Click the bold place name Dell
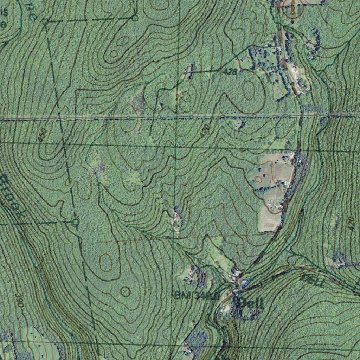coord(250,303)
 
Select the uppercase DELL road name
coord(313,280)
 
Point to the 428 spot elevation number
coord(231,71)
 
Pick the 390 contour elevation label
coord(19,300)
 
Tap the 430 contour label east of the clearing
coord(351,224)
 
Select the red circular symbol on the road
coord(292,8)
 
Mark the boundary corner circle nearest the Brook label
coord(76,222)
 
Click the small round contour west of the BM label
coord(125,291)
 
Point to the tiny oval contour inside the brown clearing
coord(258,179)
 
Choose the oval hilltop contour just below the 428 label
coord(249,90)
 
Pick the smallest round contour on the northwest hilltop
coord(114,54)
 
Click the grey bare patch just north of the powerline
coord(139,102)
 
